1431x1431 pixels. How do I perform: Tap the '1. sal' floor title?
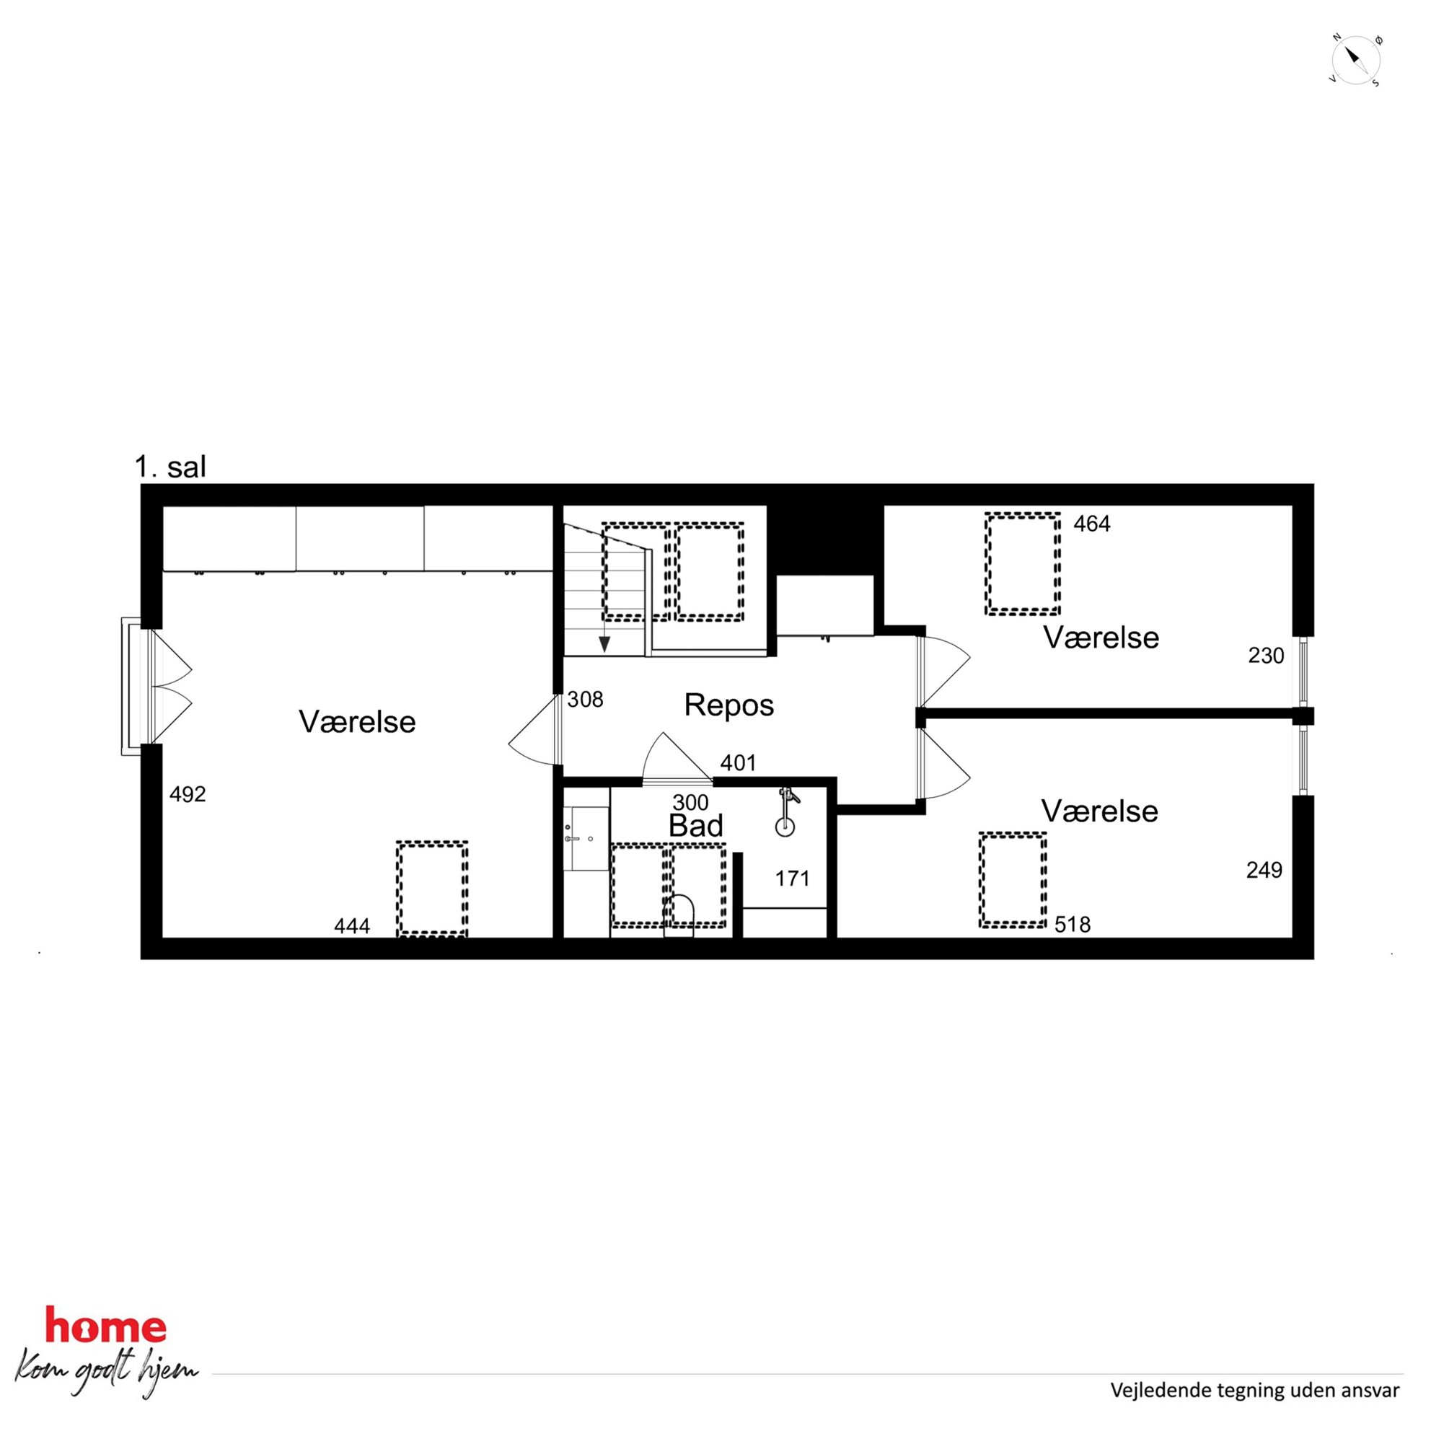[x=169, y=467]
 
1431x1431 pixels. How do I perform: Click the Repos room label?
[x=728, y=705]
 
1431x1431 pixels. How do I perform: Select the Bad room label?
[x=695, y=825]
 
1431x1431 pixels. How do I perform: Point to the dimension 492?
[x=188, y=794]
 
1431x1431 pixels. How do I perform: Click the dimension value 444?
[x=352, y=926]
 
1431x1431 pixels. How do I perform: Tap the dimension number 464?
[x=1092, y=524]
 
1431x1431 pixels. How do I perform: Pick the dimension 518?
[x=1073, y=925]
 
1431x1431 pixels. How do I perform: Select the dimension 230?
[x=1266, y=656]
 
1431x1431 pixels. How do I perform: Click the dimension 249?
[x=1264, y=870]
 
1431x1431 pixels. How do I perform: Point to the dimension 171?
[x=793, y=879]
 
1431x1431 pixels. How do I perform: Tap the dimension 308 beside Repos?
[x=585, y=699]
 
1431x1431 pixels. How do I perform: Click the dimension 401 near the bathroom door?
[x=739, y=763]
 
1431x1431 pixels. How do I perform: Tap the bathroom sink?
[x=586, y=838]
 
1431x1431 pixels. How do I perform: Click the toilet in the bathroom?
[x=679, y=917]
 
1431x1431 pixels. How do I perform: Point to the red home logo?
[x=106, y=1326]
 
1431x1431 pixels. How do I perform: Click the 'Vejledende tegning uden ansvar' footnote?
[x=1255, y=1391]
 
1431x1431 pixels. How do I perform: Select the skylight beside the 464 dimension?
[x=1022, y=563]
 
